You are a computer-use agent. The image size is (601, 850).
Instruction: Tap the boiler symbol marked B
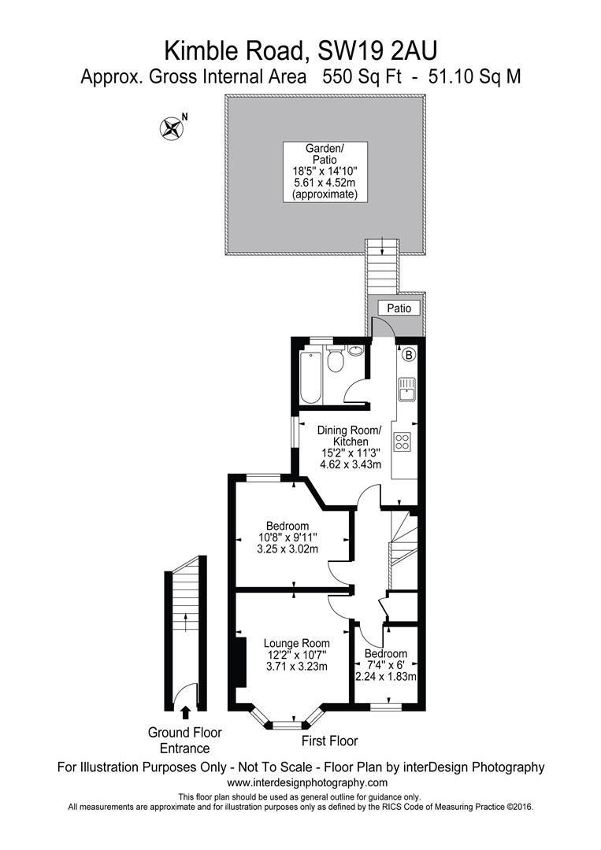click(x=408, y=355)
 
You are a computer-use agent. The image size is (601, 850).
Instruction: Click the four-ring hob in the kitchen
click(x=403, y=442)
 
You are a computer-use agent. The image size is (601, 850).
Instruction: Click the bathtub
click(x=310, y=377)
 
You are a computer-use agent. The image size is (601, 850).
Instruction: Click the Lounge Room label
click(x=296, y=643)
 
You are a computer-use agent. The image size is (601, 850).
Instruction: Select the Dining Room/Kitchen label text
click(x=349, y=436)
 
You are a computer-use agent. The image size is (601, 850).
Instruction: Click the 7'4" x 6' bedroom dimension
click(x=385, y=665)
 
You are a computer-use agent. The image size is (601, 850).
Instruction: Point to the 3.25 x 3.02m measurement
click(x=287, y=549)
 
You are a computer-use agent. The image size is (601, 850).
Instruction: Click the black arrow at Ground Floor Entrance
click(x=185, y=713)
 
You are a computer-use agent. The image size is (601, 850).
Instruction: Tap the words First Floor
click(x=329, y=741)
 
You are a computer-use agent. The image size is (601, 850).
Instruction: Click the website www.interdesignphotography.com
click(x=307, y=782)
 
